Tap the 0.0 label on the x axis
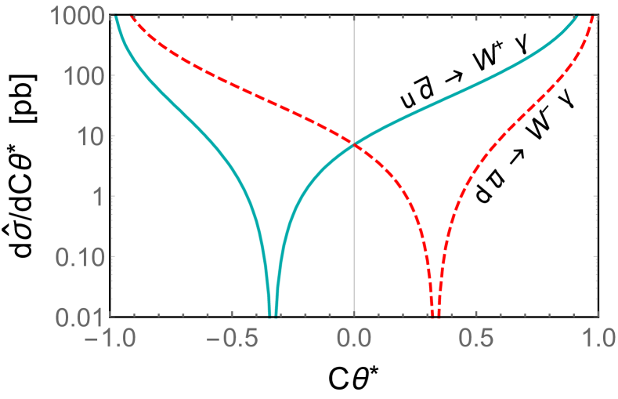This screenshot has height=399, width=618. tap(355, 341)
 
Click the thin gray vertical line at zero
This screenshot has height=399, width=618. tap(355, 235)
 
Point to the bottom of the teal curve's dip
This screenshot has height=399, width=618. tap(273, 314)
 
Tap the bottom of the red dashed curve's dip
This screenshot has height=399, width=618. tap(435, 314)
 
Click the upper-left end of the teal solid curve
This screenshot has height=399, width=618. tap(114, 16)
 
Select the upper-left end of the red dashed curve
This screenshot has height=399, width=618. tap(131, 16)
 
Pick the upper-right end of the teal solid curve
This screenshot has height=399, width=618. tap(577, 16)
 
